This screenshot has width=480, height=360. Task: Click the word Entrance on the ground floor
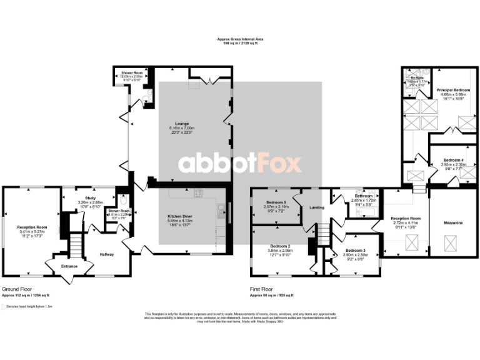(69, 266)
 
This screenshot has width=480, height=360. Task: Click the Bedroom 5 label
(276, 202)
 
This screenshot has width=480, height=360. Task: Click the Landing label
(316, 216)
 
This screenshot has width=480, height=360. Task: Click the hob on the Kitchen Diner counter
(197, 193)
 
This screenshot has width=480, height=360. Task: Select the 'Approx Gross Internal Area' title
(240, 39)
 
